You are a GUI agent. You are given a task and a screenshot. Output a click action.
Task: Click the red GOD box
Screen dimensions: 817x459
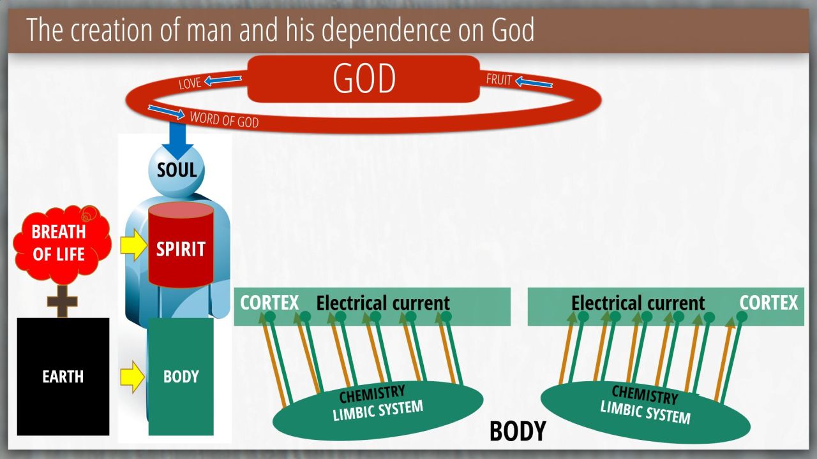[x=364, y=78]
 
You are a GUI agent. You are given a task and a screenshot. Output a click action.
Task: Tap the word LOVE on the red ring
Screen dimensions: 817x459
[x=190, y=84]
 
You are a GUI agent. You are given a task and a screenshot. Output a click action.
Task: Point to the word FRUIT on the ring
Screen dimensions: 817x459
[x=499, y=80]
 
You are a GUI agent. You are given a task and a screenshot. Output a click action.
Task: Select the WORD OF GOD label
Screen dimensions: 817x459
[x=224, y=120]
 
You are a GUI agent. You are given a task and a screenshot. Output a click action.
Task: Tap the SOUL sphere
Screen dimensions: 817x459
[x=177, y=170]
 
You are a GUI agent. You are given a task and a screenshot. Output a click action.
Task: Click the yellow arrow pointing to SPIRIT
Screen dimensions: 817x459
[x=134, y=245]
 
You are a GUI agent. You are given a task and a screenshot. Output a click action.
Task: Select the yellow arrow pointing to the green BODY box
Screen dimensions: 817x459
[x=133, y=377]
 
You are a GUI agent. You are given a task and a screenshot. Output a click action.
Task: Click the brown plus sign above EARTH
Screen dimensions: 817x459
[x=63, y=302]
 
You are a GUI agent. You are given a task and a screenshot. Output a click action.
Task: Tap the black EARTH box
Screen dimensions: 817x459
[x=63, y=377]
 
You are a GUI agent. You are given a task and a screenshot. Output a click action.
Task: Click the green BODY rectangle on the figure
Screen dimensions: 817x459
[x=181, y=377]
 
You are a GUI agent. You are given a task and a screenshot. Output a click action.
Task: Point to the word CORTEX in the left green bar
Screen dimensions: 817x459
[x=269, y=303]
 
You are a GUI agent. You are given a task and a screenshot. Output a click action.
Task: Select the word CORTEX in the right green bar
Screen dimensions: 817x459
[x=768, y=303]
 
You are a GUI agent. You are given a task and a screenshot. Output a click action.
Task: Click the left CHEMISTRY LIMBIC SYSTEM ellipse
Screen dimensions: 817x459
[x=379, y=410]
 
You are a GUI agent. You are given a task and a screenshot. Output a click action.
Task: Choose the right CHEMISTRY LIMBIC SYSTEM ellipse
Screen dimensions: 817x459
[x=645, y=412]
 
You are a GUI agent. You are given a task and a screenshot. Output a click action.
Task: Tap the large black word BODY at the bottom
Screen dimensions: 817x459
[x=518, y=431]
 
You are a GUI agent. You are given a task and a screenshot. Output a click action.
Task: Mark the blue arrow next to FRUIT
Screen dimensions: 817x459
[x=534, y=82]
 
